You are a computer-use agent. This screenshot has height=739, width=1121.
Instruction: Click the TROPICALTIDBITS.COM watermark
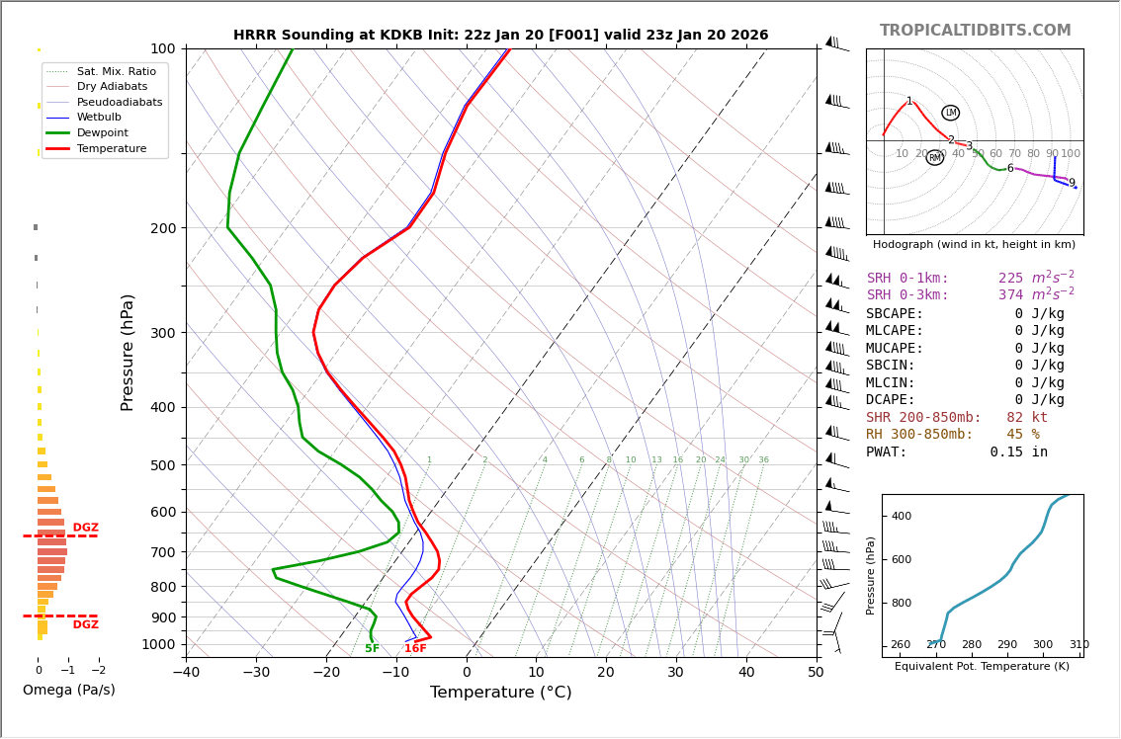[x=975, y=31]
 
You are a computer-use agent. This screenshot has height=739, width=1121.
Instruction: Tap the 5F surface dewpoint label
[x=372, y=649]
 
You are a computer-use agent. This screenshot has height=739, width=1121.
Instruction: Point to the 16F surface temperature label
[x=415, y=649]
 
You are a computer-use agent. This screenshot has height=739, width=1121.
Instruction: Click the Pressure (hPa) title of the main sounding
[x=128, y=352]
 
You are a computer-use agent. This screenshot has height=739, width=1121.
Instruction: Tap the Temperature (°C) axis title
[x=500, y=694]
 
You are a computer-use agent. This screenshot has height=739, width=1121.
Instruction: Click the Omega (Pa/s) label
[x=68, y=691]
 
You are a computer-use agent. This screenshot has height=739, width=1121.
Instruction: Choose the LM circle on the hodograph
[x=950, y=113]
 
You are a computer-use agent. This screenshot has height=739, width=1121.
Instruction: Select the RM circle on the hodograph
[x=934, y=158]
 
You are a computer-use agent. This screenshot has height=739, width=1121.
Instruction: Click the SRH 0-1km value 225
[x=1010, y=279]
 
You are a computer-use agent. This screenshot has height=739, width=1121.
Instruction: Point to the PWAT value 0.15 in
[x=1018, y=452]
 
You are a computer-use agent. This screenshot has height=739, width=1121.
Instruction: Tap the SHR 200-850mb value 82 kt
[x=1026, y=418]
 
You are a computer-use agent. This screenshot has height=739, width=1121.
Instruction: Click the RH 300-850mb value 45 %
[x=1022, y=435]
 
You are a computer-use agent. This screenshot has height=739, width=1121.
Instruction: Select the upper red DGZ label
[x=85, y=529]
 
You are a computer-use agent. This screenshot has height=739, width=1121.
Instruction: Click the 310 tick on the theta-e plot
[x=1078, y=645]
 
